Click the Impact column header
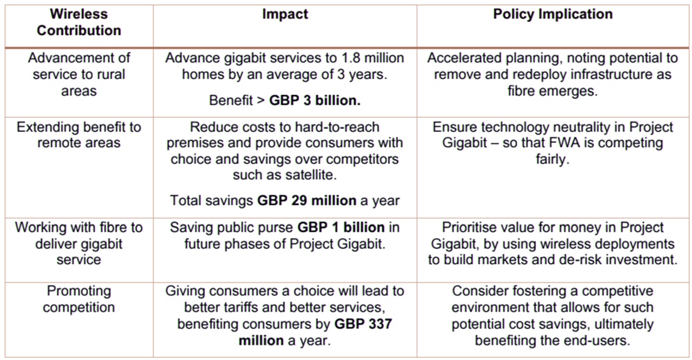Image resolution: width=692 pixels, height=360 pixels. click(285, 15)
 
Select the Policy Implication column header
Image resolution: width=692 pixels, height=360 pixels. click(553, 15)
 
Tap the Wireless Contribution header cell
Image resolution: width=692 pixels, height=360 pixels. click(79, 22)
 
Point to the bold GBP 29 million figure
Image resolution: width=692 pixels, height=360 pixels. click(307, 201)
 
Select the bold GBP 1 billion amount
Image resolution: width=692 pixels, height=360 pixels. click(341, 228)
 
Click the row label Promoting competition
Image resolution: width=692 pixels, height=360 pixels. click(79, 299)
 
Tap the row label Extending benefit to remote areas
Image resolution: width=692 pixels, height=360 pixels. click(79, 135)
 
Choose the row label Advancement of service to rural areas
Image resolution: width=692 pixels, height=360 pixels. click(79, 74)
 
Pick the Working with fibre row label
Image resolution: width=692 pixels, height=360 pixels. click(79, 243)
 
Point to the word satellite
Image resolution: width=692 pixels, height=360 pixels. click(318, 175)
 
